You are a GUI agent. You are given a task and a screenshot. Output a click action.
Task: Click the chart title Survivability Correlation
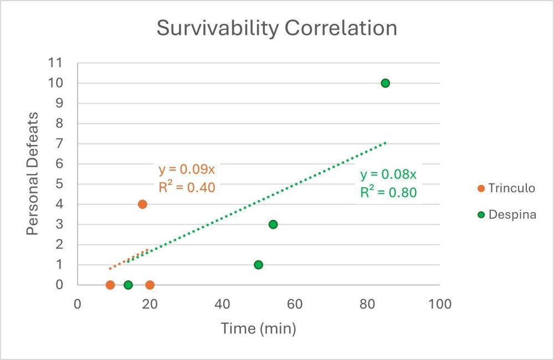click(x=276, y=28)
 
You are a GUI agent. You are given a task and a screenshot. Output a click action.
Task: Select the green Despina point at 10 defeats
click(x=386, y=83)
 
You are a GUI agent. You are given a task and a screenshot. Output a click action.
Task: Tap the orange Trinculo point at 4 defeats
click(x=142, y=204)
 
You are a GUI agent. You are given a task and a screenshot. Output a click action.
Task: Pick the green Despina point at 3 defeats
click(x=273, y=224)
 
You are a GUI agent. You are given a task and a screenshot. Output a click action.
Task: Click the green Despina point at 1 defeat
click(x=258, y=265)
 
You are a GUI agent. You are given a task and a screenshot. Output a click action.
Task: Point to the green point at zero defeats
click(x=128, y=285)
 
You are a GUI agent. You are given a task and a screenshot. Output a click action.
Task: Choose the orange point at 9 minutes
click(x=110, y=285)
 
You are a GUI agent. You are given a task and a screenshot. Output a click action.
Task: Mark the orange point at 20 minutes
click(x=150, y=285)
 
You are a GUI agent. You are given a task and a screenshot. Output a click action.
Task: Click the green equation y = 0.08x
click(x=388, y=175)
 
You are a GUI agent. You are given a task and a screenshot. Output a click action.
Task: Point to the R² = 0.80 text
click(x=388, y=193)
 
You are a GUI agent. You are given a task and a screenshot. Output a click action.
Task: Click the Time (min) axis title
click(x=258, y=328)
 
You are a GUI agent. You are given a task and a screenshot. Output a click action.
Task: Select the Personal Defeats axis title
click(x=33, y=173)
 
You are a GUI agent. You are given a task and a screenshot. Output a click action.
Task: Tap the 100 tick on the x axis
click(x=440, y=304)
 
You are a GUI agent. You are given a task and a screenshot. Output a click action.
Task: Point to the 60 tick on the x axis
click(x=295, y=304)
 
